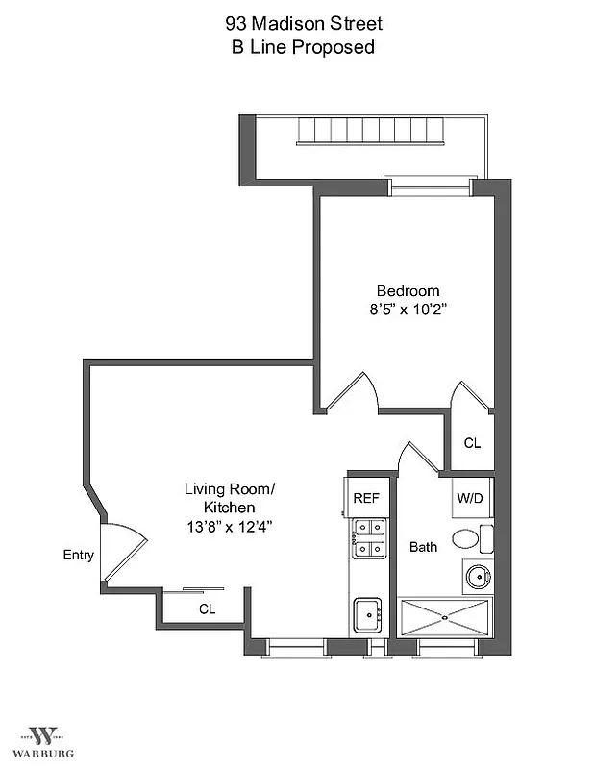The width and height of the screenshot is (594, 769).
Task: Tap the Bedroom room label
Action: coord(408,291)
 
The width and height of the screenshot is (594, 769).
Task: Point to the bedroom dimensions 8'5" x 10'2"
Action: coord(408,310)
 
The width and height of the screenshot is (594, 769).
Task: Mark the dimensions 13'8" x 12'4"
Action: coord(229,526)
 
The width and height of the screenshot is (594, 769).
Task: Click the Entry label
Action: coord(78,555)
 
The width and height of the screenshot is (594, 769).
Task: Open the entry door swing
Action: coord(121,552)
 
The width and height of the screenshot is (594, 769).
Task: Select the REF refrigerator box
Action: coord(366,498)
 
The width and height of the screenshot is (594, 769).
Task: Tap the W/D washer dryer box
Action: coord(470,498)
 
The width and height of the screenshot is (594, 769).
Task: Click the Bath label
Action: coord(423,547)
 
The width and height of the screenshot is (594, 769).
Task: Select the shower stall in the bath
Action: coord(444,616)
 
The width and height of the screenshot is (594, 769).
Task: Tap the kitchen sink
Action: coord(368,613)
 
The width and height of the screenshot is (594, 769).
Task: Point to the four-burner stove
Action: coord(369,538)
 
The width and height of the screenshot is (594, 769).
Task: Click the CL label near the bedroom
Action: coord(472,443)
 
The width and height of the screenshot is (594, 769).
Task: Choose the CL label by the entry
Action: coord(207,608)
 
